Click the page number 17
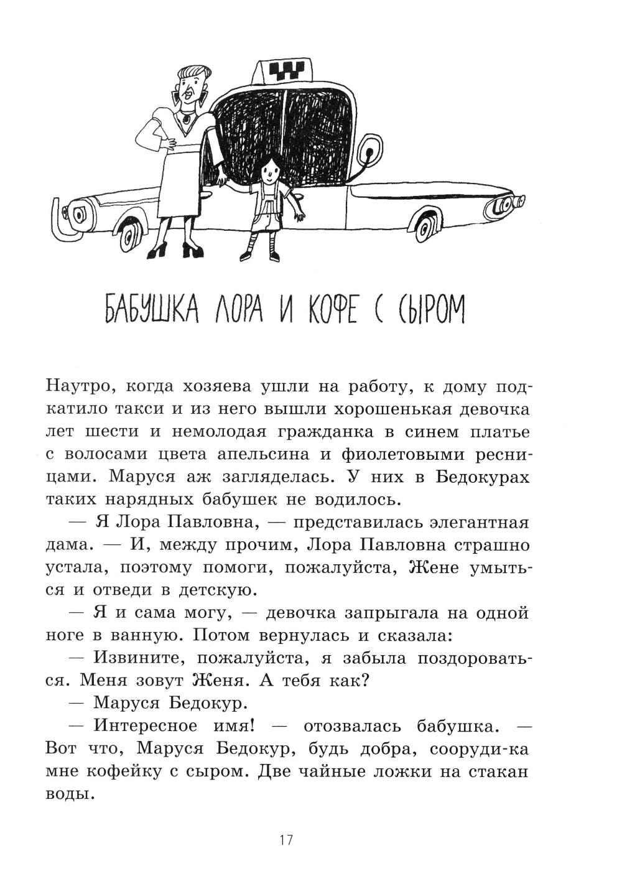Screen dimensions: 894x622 pyautogui.click(x=285, y=840)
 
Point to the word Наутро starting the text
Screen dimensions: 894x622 pyautogui.click(x=79, y=387)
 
